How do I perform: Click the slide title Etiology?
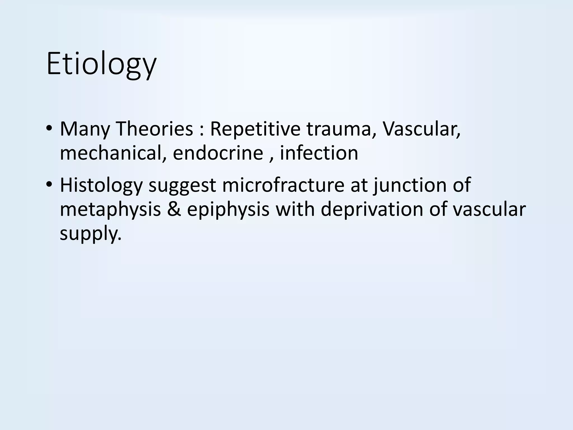point(101,64)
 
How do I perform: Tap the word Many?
point(85,129)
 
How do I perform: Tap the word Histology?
point(101,185)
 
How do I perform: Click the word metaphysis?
point(110,210)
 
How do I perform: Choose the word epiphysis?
point(228,210)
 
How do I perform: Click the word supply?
point(91,234)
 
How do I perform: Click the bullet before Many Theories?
point(49,129)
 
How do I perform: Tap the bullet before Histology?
point(49,185)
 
